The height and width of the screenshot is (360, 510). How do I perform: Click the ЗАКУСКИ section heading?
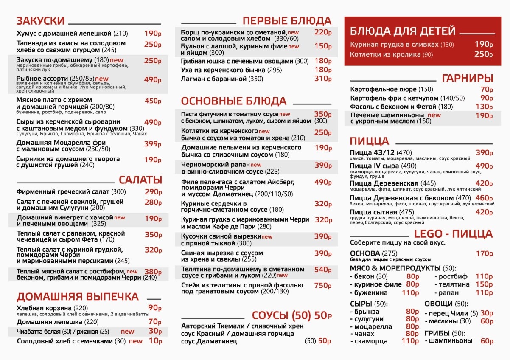pyautogui.click(x=40, y=21)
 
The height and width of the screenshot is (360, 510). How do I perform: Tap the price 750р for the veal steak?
pyautogui.click(x=322, y=286)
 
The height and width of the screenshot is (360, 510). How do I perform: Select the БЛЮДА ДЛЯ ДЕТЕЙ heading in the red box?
pyautogui.click(x=403, y=31)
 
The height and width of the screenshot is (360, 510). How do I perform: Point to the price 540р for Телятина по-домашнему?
pyautogui.click(x=322, y=270)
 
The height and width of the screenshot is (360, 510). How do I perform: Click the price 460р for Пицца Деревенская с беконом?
pyautogui.click(x=484, y=198)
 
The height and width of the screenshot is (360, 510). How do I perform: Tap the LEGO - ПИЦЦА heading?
pyautogui.click(x=453, y=234)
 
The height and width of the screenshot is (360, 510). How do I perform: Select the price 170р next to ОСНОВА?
pyautogui.click(x=484, y=253)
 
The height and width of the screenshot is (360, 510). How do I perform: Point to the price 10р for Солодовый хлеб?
pyautogui.click(x=155, y=341)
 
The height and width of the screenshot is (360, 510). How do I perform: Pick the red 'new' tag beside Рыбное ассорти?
pyautogui.click(x=102, y=79)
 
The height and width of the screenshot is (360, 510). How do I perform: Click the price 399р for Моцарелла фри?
pyautogui.click(x=153, y=144)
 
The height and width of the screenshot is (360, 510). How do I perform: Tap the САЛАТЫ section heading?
pyautogui.click(x=140, y=180)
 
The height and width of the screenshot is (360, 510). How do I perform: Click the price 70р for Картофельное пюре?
pyautogui.click(x=486, y=89)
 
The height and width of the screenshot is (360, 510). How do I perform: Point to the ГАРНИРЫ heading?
pyautogui.click(x=467, y=78)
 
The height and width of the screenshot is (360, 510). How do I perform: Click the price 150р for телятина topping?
pyautogui.click(x=484, y=284)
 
